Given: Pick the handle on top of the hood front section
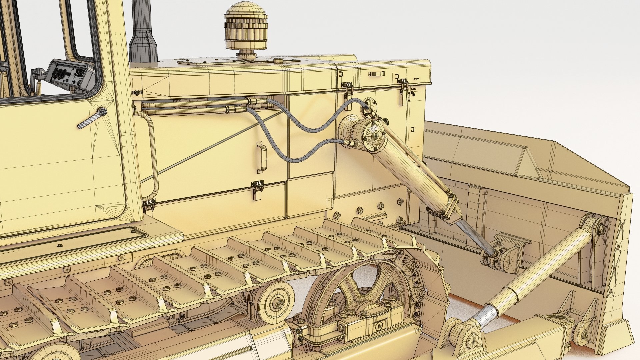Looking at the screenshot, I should coord(377,73).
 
